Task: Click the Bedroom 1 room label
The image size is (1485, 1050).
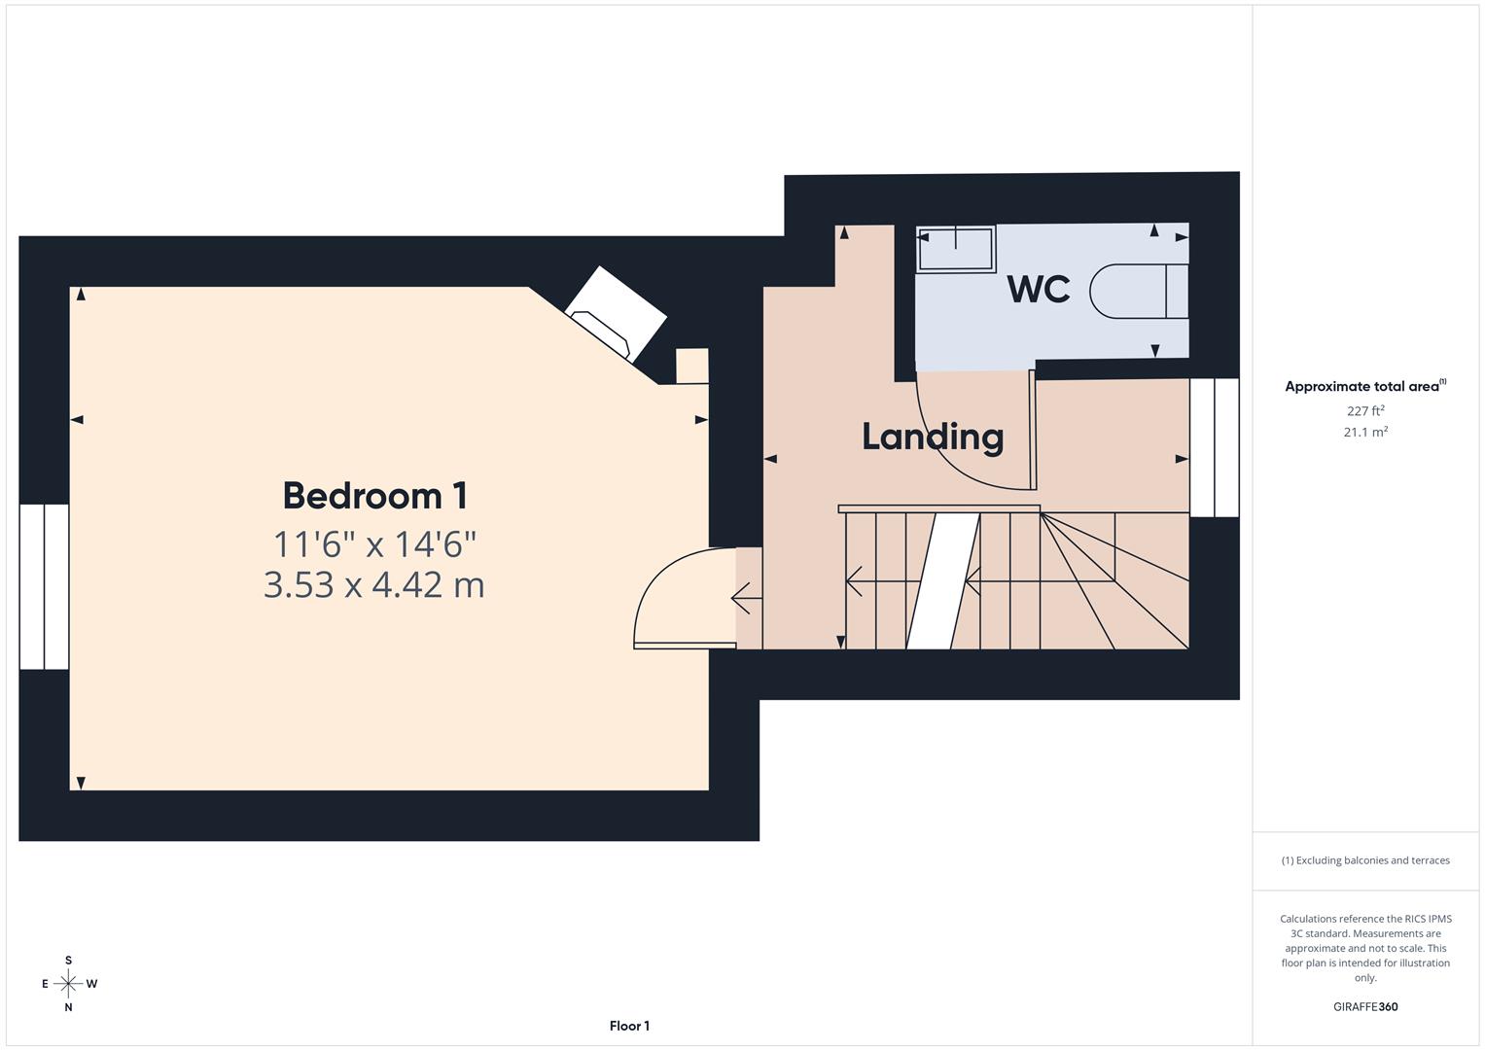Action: point(374,496)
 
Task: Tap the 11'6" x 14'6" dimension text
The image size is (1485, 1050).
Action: point(374,543)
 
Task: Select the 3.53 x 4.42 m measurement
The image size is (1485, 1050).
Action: point(374,584)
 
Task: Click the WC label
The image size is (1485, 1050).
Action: point(1039,289)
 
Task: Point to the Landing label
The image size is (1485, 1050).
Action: point(933,437)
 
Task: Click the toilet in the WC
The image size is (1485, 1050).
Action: point(1138,291)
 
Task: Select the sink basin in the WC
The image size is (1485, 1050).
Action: point(956,249)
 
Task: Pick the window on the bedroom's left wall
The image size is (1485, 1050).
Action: point(44,586)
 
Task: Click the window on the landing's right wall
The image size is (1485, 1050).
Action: point(1215,447)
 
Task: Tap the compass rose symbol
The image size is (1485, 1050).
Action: point(68,984)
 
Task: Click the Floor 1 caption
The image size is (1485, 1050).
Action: point(629,1026)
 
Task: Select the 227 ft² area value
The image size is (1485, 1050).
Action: point(1365,411)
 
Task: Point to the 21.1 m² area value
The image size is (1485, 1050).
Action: point(1365,433)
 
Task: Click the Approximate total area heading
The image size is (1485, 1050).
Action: point(1364,386)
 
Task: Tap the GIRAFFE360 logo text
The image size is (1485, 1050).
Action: point(1365,1006)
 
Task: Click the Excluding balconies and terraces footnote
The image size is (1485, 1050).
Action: point(1365,860)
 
